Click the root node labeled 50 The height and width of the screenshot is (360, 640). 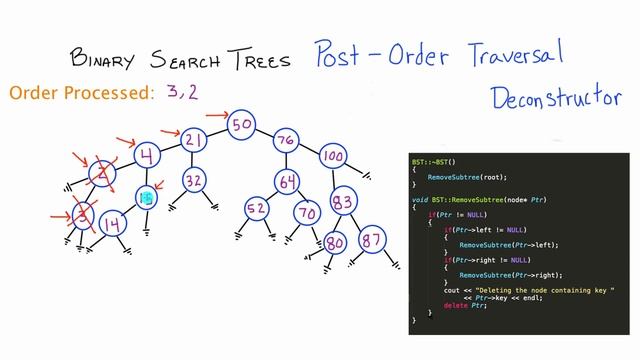pyautogui.click(x=241, y=125)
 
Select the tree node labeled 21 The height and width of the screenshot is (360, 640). pyautogui.click(x=196, y=140)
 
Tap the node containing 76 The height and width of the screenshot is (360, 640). pyautogui.click(x=286, y=139)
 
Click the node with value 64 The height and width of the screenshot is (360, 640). pyautogui.click(x=288, y=182)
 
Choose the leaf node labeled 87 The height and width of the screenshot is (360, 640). pyautogui.click(x=372, y=241)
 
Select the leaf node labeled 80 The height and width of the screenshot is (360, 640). pyautogui.click(x=335, y=243)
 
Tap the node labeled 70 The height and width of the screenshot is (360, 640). pyautogui.click(x=306, y=212)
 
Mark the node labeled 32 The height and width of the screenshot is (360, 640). pyautogui.click(x=195, y=180)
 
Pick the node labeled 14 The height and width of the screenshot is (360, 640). pyautogui.click(x=113, y=223)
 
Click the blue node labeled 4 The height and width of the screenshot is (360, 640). pyautogui.click(x=147, y=156)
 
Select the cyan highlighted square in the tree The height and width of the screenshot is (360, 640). pyautogui.click(x=146, y=198)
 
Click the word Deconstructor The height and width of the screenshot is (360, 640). pyautogui.click(x=552, y=97)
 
